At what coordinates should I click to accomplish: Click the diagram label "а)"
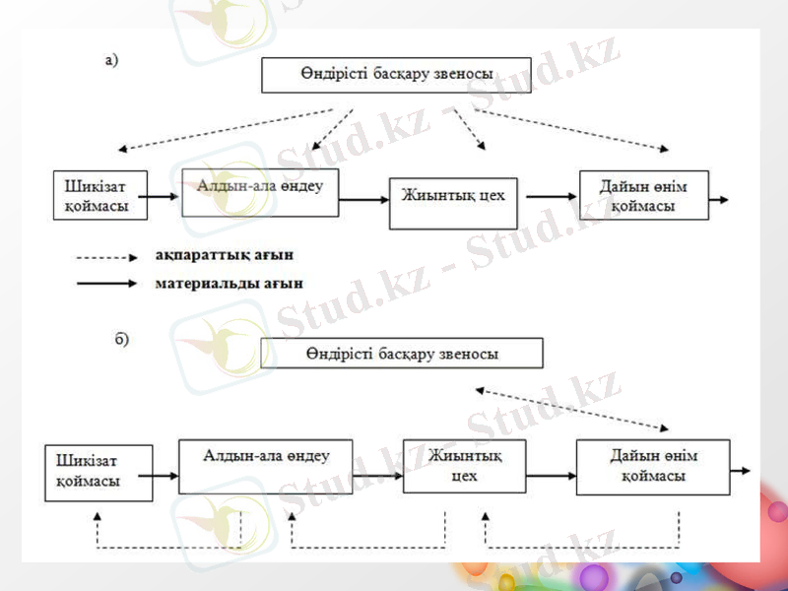[x=111, y=61]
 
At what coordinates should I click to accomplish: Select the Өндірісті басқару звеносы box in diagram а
[x=396, y=75]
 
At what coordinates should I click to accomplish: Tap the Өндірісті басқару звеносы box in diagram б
[x=402, y=353]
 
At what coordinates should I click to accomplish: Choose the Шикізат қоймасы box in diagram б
[x=98, y=472]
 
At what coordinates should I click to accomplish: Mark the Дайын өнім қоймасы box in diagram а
[x=642, y=196]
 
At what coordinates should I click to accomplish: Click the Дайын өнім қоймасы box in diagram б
[x=653, y=467]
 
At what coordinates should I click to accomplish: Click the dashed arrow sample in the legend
[x=105, y=258]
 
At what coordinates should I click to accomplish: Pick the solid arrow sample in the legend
[x=105, y=284]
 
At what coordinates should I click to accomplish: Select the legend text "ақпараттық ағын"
[x=224, y=256]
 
